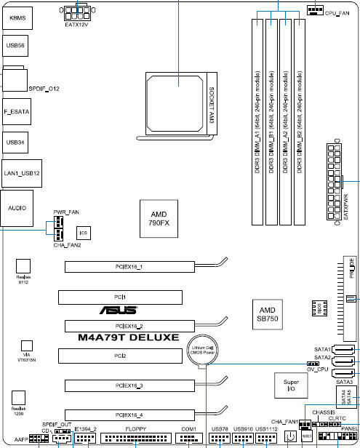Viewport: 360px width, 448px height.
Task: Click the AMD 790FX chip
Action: click(159, 219)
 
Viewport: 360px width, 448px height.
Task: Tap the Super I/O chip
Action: click(291, 386)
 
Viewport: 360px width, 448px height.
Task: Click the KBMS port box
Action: click(16, 16)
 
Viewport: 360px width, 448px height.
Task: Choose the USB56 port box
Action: click(16, 46)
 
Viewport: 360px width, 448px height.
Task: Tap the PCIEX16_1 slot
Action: click(129, 268)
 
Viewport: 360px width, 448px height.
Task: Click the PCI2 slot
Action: click(119, 356)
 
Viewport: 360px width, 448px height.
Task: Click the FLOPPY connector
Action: click(136, 439)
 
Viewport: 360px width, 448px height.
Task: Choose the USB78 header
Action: click(220, 439)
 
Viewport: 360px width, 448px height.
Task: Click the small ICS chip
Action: click(84, 233)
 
